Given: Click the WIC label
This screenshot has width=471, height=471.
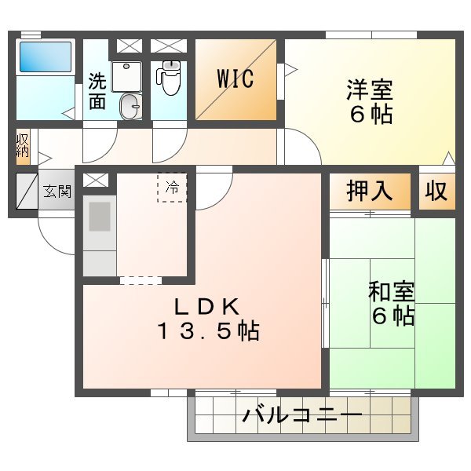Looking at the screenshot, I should tap(235, 79).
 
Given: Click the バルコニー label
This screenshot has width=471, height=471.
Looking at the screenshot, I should tap(301, 415).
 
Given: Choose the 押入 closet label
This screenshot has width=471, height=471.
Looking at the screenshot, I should tap(370, 192).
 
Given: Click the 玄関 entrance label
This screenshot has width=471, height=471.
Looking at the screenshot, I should tap(57, 191).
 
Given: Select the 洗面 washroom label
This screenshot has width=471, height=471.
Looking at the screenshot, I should tap(97, 90).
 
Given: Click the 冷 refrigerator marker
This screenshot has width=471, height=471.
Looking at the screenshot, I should tap(172, 188).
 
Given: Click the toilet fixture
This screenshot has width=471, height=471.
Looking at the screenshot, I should tap(170, 78).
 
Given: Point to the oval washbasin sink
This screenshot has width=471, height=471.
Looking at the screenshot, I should tap(130, 105).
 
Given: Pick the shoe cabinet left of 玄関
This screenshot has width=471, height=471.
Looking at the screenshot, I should tap(26, 191).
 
